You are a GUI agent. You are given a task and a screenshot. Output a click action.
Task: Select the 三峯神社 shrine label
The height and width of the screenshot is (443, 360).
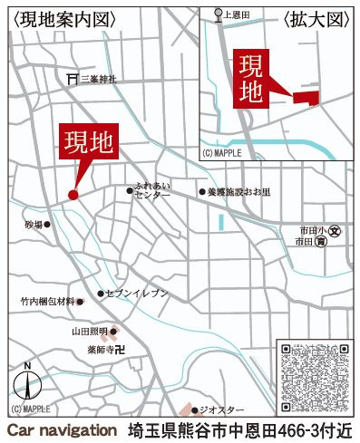coord(99,79)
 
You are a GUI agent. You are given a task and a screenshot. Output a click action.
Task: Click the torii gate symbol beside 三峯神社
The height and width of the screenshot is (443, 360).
coord(72,79)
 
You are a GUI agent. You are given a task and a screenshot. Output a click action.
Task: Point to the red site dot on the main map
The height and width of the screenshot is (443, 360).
coord(73,194)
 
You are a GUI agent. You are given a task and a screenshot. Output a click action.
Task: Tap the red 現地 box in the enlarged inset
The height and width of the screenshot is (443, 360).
coord(253,81)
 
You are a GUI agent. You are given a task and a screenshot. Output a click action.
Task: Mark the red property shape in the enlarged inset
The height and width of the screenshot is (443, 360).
coord(307,97)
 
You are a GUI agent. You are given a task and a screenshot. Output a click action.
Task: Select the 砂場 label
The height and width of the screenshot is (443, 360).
coord(34,222)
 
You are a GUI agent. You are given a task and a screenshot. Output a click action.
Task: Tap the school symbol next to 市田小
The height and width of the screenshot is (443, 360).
coord(334,230)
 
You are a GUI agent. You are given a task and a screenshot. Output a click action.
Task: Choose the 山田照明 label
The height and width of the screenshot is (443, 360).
coord(90,332)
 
